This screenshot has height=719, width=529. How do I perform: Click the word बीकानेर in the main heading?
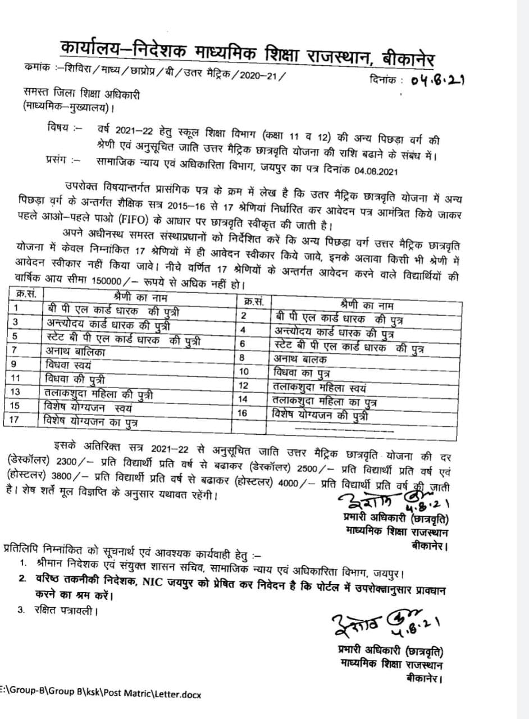pyautogui.click(x=408, y=57)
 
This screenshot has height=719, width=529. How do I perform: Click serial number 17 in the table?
pyautogui.click(x=16, y=418)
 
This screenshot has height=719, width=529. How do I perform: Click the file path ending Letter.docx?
pyautogui.click(x=101, y=693)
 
